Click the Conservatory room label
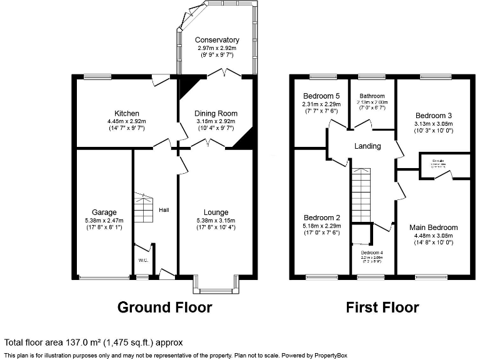(217, 40)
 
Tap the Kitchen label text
(126, 113)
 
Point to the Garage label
(104, 212)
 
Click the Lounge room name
(216, 212)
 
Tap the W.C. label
(142, 260)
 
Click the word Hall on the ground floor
(164, 210)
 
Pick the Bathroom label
(372, 96)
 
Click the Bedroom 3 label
(433, 116)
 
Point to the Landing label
(367, 146)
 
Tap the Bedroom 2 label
(321, 217)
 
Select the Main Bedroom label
(433, 227)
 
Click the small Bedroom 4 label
(372, 252)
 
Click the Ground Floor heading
(164, 307)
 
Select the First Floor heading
(382, 307)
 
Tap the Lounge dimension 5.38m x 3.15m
(216, 220)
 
